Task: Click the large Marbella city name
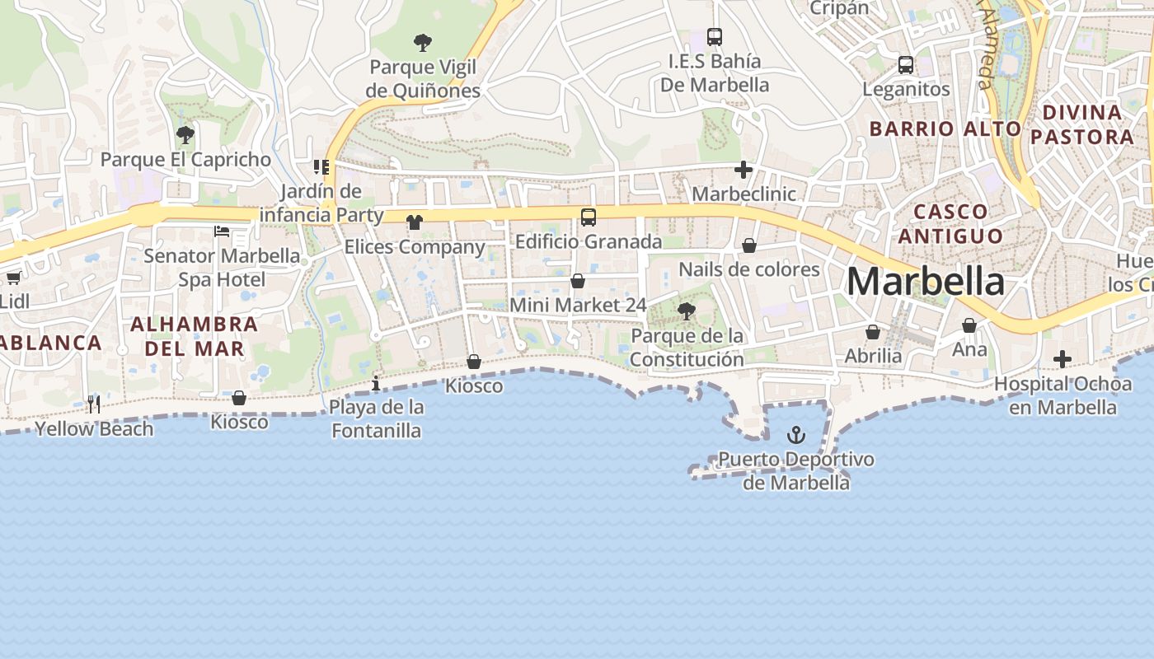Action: coord(926,282)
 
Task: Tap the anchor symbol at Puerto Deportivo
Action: coord(795,434)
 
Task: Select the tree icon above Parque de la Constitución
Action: coord(686,311)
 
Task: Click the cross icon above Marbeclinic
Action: coord(744,170)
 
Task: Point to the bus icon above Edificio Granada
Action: coord(589,217)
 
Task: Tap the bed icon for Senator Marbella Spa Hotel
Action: coord(222,231)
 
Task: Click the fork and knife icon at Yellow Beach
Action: coord(94,404)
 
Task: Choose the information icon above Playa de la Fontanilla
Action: coord(376,383)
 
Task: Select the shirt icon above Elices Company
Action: coord(414,222)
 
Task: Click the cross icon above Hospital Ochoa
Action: coord(1063,358)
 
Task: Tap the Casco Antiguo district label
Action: coord(950,224)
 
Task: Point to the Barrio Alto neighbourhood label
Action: coord(945,129)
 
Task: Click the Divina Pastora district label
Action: coord(1082,124)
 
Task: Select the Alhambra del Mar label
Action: coord(195,336)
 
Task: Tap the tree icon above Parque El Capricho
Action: coord(185,134)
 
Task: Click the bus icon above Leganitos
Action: coord(906,64)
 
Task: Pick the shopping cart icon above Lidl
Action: coord(14,278)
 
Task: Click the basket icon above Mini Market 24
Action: coord(578,281)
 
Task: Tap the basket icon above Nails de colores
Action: coord(749,245)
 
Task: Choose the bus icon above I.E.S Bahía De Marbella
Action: coord(715,36)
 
